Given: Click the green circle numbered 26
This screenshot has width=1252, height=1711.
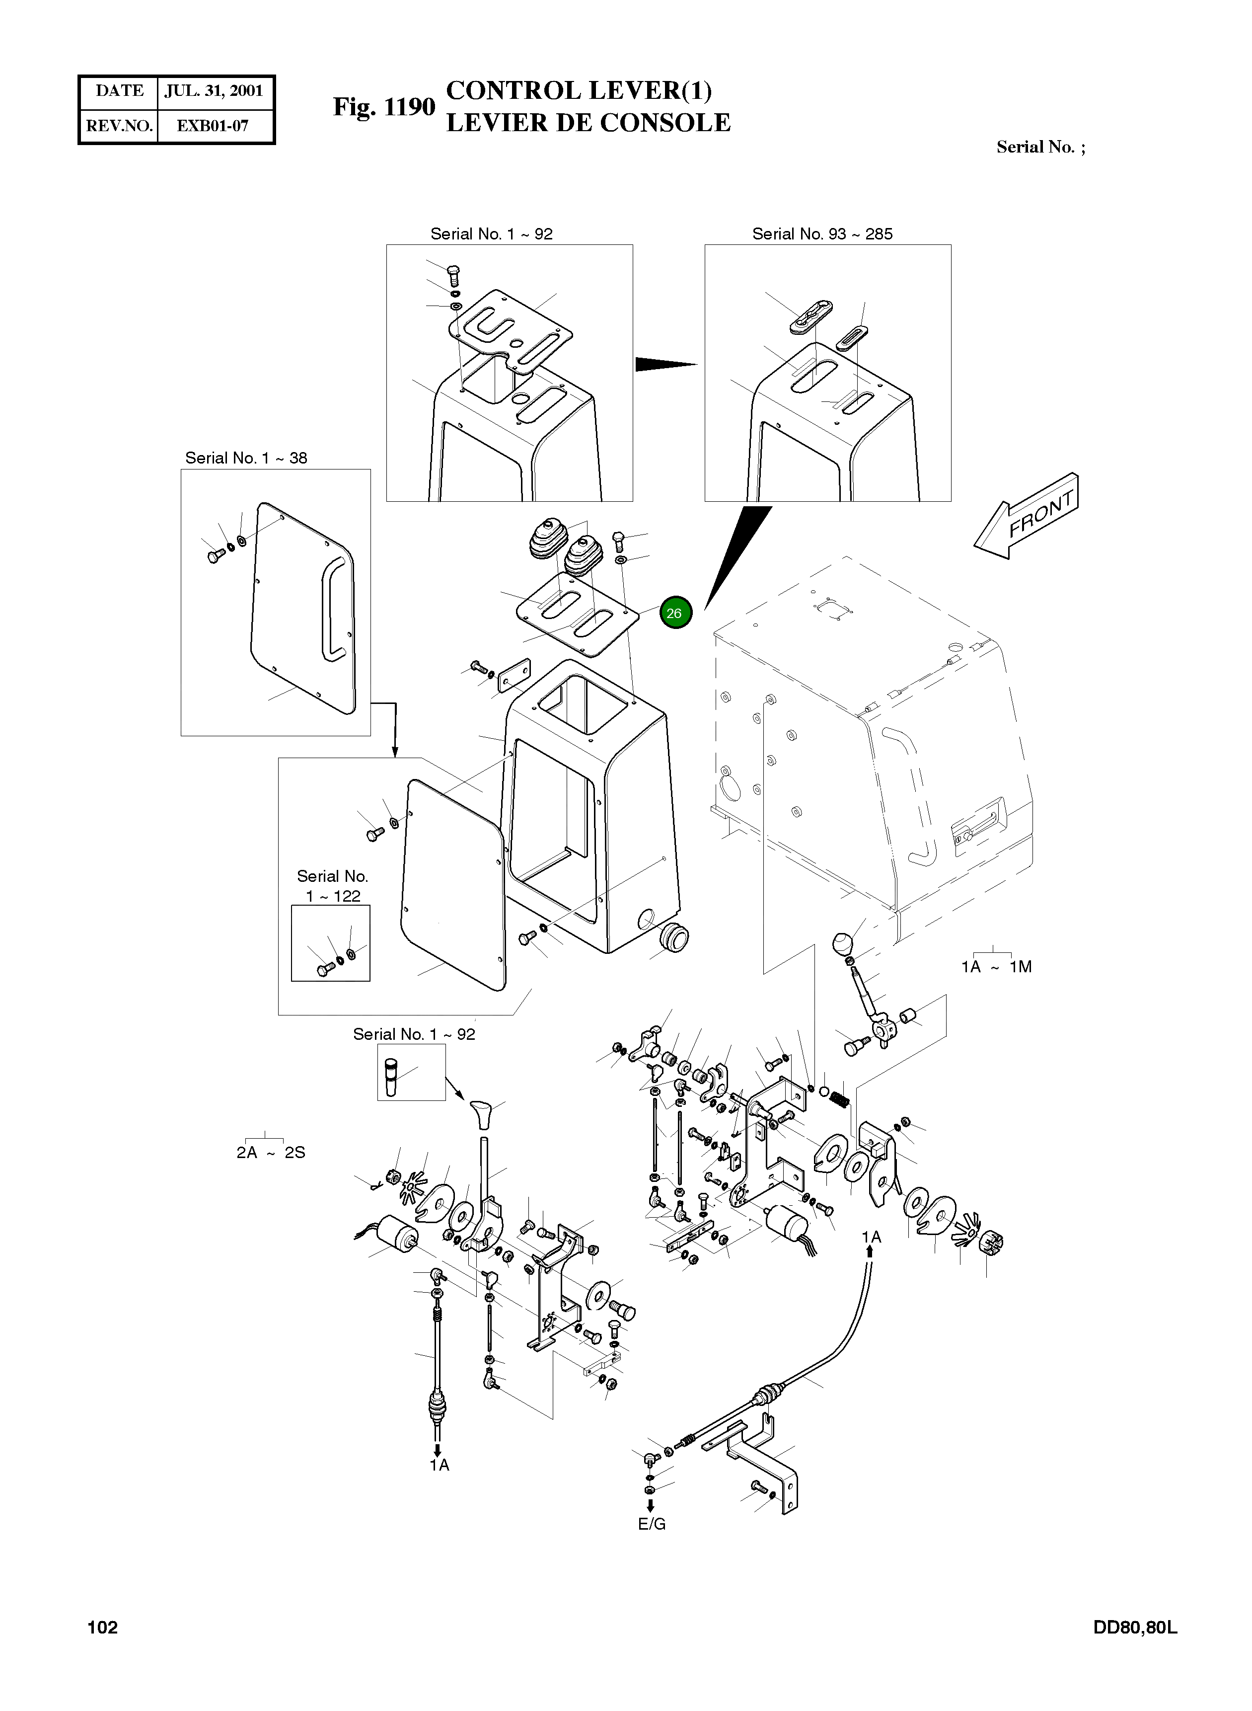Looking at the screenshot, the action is (x=674, y=613).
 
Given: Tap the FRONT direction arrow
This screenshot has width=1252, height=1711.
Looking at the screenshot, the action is (x=1026, y=516).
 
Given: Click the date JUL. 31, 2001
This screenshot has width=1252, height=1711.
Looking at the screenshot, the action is (x=214, y=91).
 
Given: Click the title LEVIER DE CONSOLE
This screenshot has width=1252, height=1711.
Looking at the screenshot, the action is (x=588, y=123).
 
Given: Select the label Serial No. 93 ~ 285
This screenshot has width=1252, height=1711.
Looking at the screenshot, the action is (x=822, y=234).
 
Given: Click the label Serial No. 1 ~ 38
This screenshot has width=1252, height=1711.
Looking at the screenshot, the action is (x=246, y=458).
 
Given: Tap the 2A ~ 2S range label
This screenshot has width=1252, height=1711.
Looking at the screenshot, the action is (x=271, y=1153).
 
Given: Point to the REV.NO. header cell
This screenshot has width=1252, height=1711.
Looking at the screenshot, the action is (x=119, y=126).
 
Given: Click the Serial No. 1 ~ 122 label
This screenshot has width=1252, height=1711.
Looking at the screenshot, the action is (x=333, y=885).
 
